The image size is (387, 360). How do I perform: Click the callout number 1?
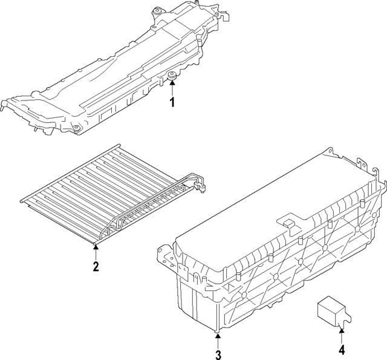pyautogui.click(x=172, y=102)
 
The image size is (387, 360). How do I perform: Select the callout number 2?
pyautogui.click(x=96, y=266)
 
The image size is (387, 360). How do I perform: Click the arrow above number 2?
pyautogui.click(x=96, y=250)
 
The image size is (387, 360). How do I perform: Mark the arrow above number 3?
pyautogui.click(x=219, y=338)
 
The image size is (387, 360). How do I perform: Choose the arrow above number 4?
pyautogui.click(x=342, y=334)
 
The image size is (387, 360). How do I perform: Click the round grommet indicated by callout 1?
pyautogui.click(x=172, y=76)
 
